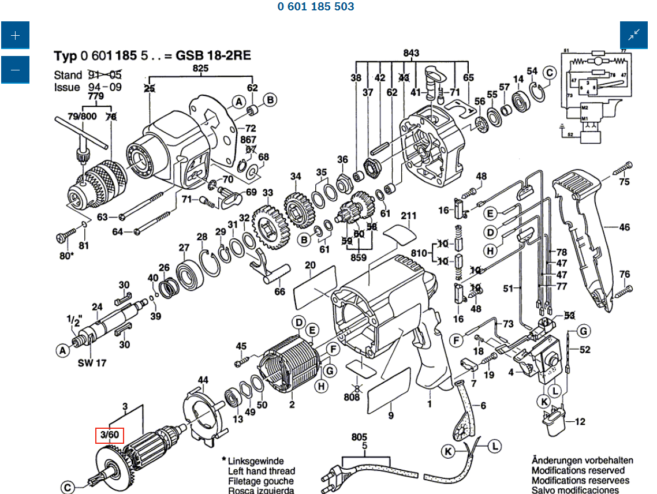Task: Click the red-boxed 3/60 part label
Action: pos(110,434)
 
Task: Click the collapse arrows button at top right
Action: pos(634,35)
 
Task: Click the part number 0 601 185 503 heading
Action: pos(316,7)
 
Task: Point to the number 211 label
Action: pos(408,216)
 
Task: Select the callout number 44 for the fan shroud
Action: pos(203,380)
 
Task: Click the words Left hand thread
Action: pos(261,471)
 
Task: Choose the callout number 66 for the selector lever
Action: pos(279,291)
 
